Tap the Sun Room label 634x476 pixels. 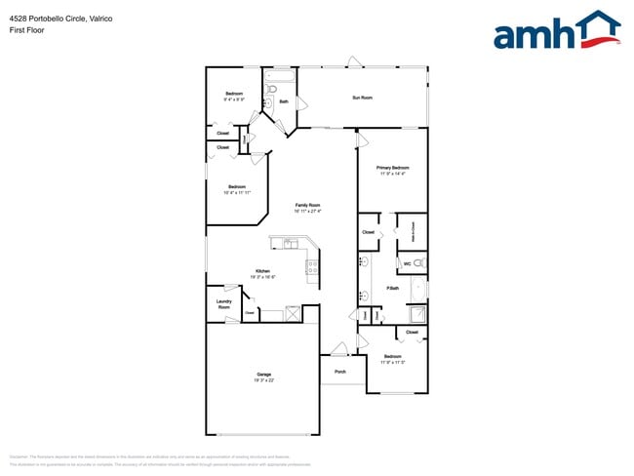point(363,98)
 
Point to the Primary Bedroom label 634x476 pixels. point(393,168)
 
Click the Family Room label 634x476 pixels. point(308,205)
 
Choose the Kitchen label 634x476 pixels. point(262,271)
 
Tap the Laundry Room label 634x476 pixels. point(223,304)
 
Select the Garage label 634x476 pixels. point(263,374)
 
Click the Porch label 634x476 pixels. point(340,372)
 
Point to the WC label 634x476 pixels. point(407,264)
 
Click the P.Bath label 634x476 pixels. point(392,288)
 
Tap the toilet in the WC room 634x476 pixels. point(419,263)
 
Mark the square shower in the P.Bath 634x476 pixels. point(416,313)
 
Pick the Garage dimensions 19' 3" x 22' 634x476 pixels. point(263,380)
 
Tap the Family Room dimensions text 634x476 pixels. point(308,211)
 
